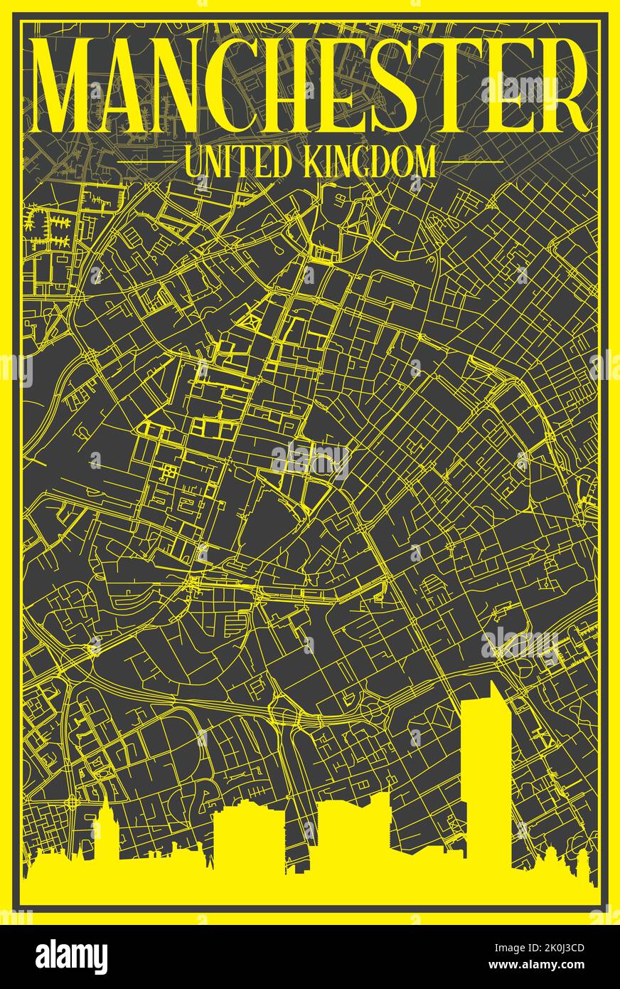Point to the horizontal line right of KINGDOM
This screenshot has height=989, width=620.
click(x=472, y=162)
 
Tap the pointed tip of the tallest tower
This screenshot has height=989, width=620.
click(x=491, y=683)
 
